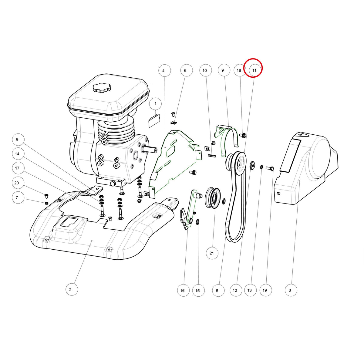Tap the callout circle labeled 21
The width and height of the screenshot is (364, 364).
point(212,253)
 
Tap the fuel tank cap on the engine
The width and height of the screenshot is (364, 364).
point(102,88)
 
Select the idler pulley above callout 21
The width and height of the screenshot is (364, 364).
point(213,198)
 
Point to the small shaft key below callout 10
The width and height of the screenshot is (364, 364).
point(212,156)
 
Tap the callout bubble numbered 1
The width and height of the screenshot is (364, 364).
point(156,103)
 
